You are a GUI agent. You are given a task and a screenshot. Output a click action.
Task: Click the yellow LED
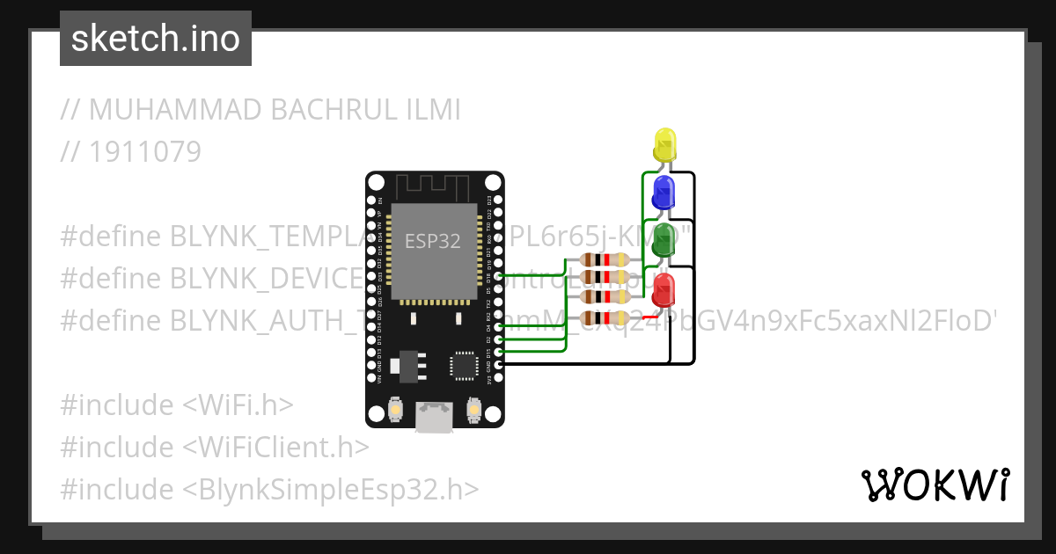click(664, 143)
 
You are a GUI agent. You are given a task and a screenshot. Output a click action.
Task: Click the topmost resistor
click(605, 259)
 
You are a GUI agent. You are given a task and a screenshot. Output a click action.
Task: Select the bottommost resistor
click(605, 317)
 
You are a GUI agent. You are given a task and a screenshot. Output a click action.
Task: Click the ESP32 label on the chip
click(433, 241)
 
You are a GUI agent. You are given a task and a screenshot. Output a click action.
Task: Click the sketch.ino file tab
click(156, 39)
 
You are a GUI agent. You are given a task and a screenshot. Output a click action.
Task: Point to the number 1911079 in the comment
click(145, 152)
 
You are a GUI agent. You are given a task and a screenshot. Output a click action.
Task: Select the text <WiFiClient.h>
click(275, 447)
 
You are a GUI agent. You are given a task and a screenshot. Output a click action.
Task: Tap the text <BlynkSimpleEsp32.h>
click(331, 489)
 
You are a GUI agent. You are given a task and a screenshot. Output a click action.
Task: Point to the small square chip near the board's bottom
click(463, 366)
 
